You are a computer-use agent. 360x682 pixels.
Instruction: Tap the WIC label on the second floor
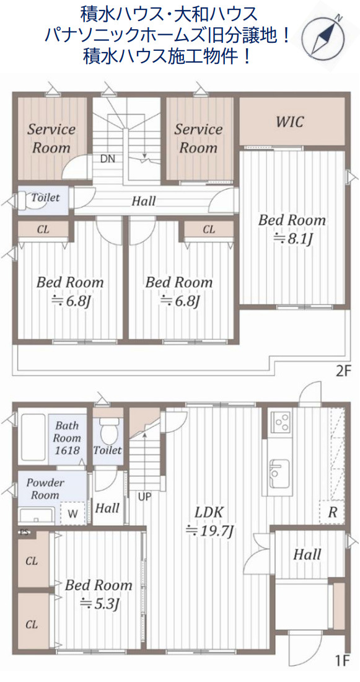[x=289, y=122]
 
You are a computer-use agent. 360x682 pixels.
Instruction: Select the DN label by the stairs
[x=108, y=158]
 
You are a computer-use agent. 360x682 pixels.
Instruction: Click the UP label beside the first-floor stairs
[x=145, y=496]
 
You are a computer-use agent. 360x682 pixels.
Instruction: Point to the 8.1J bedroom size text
[x=292, y=239]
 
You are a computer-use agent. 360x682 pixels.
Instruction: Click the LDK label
[x=209, y=512]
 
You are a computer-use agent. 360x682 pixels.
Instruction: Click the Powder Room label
[x=45, y=489]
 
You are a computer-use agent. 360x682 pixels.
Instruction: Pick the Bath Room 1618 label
[x=68, y=438]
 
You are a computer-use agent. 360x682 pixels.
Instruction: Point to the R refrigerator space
[x=332, y=512]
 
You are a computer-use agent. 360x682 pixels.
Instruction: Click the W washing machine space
[x=72, y=513]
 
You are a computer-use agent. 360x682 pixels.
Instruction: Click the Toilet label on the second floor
[x=45, y=198]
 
